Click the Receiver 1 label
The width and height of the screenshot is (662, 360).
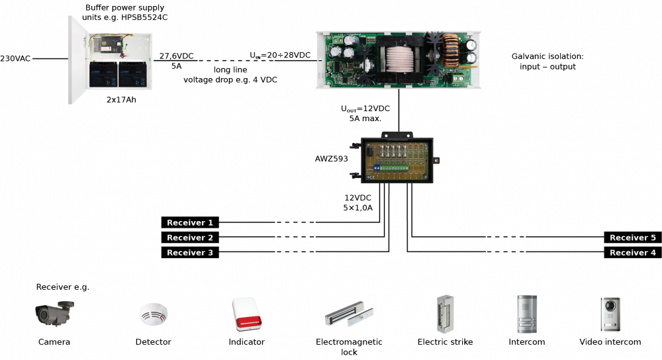point(190,223)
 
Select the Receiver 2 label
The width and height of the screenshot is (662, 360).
point(190,238)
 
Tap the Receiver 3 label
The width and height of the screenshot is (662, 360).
point(190,253)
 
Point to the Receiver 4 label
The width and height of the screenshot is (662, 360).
point(632,253)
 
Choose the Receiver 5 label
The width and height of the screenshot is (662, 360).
point(632,238)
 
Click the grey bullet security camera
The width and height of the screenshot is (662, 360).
point(54,312)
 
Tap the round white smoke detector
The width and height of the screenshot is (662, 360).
point(153,313)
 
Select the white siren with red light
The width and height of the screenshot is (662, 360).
point(247,314)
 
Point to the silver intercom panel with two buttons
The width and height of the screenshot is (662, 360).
point(527,314)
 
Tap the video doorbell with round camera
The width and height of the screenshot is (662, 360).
point(610,314)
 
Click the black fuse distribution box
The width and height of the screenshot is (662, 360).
point(397,159)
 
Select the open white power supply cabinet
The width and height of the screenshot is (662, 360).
point(111,60)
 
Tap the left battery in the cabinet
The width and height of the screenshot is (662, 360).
point(103,74)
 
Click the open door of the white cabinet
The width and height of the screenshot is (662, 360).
point(78,60)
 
